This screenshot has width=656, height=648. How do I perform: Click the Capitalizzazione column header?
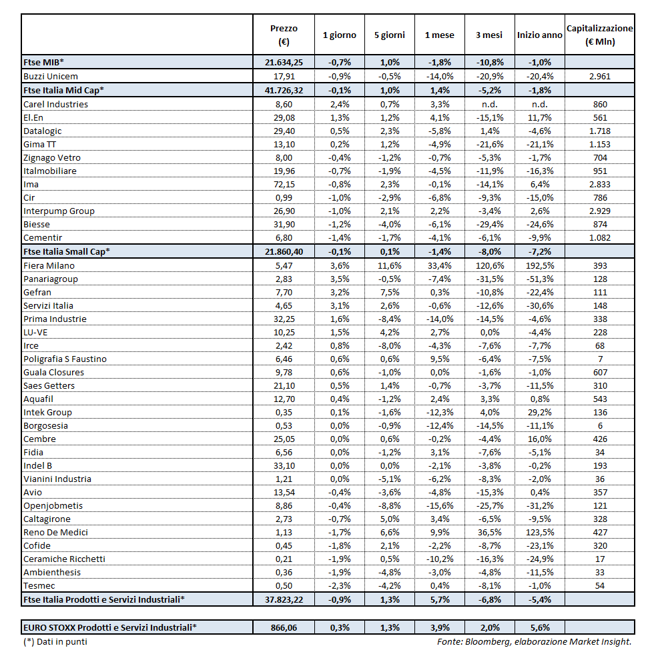[599, 35]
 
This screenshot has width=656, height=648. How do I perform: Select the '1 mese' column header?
[439, 35]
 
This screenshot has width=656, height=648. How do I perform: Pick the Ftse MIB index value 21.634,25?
[284, 62]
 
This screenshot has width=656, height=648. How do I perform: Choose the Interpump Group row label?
[59, 211]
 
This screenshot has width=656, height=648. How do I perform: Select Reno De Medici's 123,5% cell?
[539, 532]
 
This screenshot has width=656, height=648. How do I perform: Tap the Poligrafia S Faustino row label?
[65, 359]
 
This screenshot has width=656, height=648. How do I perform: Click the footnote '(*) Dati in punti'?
[55, 641]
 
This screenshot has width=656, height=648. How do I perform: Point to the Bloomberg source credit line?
[534, 641]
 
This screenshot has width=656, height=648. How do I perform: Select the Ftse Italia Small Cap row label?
[67, 251]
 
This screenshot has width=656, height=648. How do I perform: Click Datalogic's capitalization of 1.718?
[599, 131]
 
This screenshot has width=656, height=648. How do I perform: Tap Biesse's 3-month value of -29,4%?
[489, 224]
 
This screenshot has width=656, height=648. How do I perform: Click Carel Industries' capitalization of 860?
[599, 104]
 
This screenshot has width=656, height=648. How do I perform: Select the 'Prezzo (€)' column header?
[284, 35]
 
